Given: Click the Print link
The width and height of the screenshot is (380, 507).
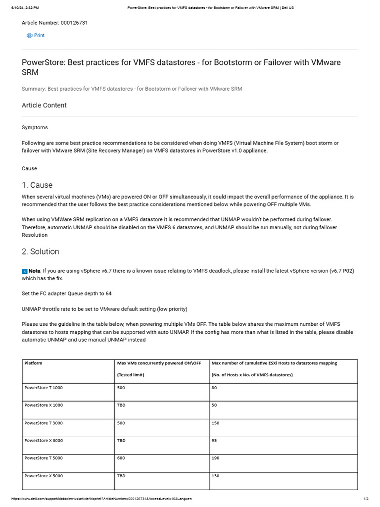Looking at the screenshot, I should coord(39,35).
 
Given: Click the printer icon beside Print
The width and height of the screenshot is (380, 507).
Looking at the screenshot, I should coord(30,36).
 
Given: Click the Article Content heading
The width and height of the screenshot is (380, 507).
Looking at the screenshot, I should coord(44,105).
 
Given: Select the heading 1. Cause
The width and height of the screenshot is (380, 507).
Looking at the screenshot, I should coord(37,185).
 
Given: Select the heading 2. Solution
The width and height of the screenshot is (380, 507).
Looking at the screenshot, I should coord(40,252).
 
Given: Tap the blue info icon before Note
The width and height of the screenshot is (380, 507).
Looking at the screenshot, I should coord(25,271).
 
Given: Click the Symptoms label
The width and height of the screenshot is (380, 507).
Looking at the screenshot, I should coord(35,128).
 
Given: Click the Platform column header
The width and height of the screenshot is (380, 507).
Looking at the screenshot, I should coord(33,363).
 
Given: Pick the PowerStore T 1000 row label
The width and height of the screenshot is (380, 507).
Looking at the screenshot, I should coord(44,388).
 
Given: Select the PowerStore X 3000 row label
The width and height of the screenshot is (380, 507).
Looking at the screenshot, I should coord(44,441).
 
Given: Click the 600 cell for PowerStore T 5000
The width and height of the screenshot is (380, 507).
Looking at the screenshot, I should coord(121,458).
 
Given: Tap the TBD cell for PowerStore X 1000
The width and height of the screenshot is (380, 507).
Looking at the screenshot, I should coord(121,406).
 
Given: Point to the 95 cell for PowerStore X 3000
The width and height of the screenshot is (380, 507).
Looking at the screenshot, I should coord(215,441).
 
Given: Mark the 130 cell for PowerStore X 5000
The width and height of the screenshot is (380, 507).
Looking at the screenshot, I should coord(216,476).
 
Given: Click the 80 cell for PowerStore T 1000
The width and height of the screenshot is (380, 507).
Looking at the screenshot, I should coord(214,388).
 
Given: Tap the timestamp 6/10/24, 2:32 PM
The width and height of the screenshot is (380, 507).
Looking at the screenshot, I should coord(25,8).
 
